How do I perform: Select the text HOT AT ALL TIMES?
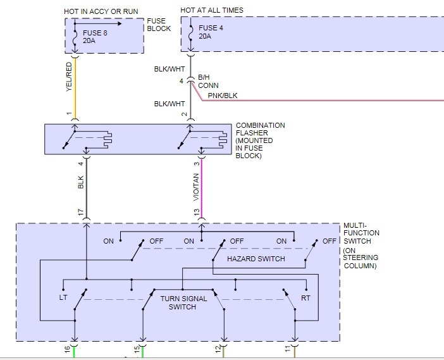pyautogui.click(x=211, y=11)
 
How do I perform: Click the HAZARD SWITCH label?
pyautogui.click(x=256, y=259)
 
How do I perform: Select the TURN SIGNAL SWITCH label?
pyautogui.click(x=182, y=302)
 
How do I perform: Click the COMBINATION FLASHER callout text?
pyautogui.click(x=260, y=140)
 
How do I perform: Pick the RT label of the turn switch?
pyautogui.click(x=305, y=296)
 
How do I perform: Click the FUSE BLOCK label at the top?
pyautogui.click(x=159, y=25)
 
